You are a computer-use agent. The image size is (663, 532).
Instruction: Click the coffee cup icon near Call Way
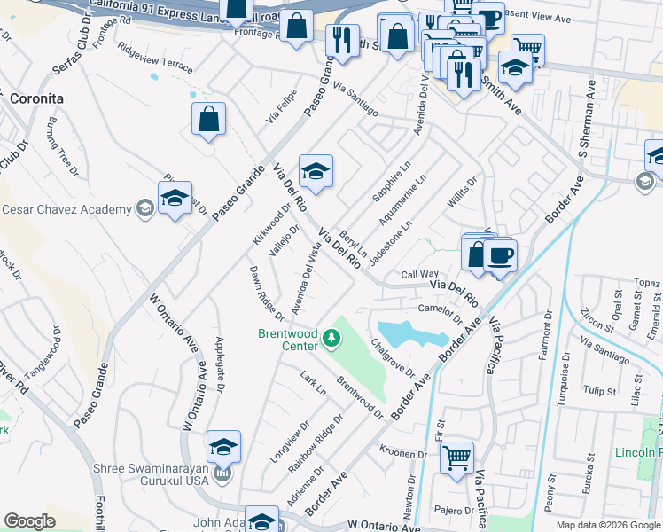click(500, 256)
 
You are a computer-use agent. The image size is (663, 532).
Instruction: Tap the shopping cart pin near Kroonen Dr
click(456, 459)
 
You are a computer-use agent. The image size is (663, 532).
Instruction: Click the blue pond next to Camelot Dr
click(410, 333)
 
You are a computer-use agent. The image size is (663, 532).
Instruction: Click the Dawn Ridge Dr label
click(266, 293)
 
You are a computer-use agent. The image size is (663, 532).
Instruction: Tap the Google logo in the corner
click(30, 520)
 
